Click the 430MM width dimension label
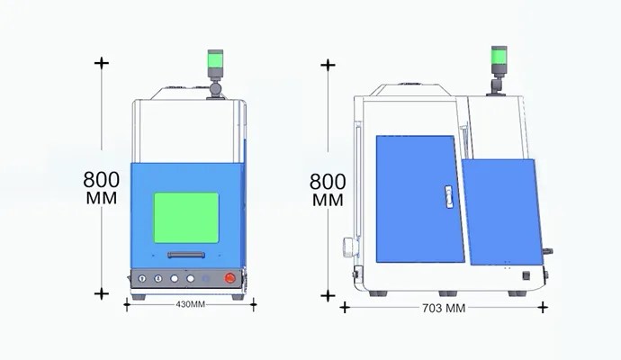pyautogui.click(x=191, y=304)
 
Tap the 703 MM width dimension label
pyautogui.click(x=444, y=308)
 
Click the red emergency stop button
pyautogui.click(x=229, y=278)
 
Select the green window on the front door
pyautogui.click(x=186, y=218)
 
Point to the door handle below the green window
pyautogui.click(x=186, y=255)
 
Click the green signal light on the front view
pyautogui.click(x=215, y=60)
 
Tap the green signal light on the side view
pyautogui.click(x=499, y=56)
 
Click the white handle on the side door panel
pyautogui.click(x=449, y=197)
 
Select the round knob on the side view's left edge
pyautogui.click(x=350, y=247)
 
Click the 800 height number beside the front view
pyautogui.click(x=102, y=179)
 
